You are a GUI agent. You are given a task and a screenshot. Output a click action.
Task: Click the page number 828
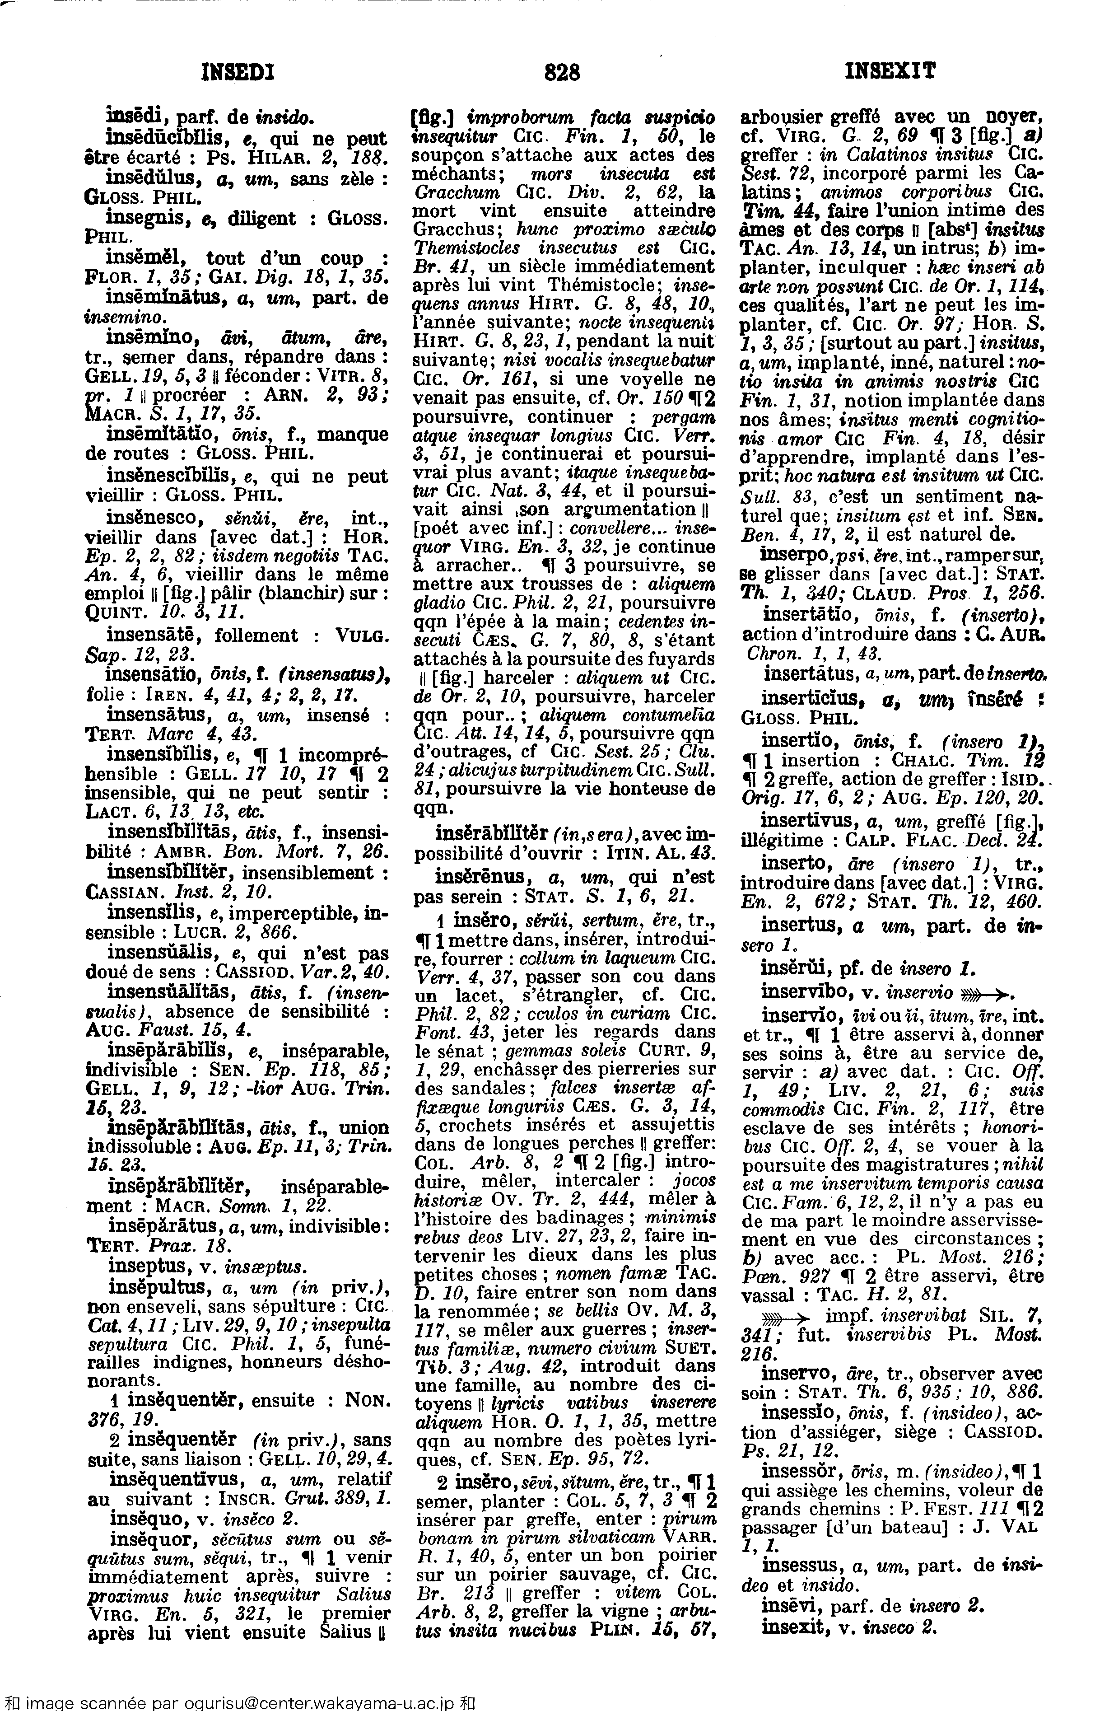pos(562,72)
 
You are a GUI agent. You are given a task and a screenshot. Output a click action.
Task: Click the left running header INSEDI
pos(238,72)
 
